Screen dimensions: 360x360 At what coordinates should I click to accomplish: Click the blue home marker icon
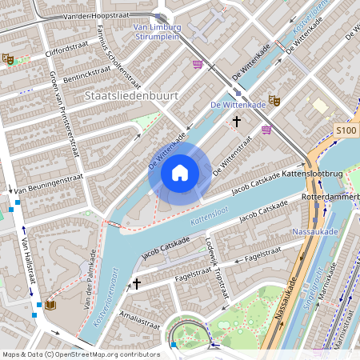point(179,172)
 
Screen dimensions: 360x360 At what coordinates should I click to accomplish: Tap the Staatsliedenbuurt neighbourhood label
point(130,95)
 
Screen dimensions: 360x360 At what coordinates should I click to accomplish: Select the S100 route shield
point(346,130)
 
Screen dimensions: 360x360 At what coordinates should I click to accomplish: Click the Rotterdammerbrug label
point(330,196)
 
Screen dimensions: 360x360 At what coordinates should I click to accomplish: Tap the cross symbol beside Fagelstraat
point(137,283)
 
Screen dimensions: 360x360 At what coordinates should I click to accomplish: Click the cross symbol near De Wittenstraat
point(236,122)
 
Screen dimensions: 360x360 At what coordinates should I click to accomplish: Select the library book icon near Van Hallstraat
point(50,305)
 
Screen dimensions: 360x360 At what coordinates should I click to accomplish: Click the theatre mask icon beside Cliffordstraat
point(8,58)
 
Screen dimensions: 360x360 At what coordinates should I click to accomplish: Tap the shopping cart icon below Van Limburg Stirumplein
point(197,64)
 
